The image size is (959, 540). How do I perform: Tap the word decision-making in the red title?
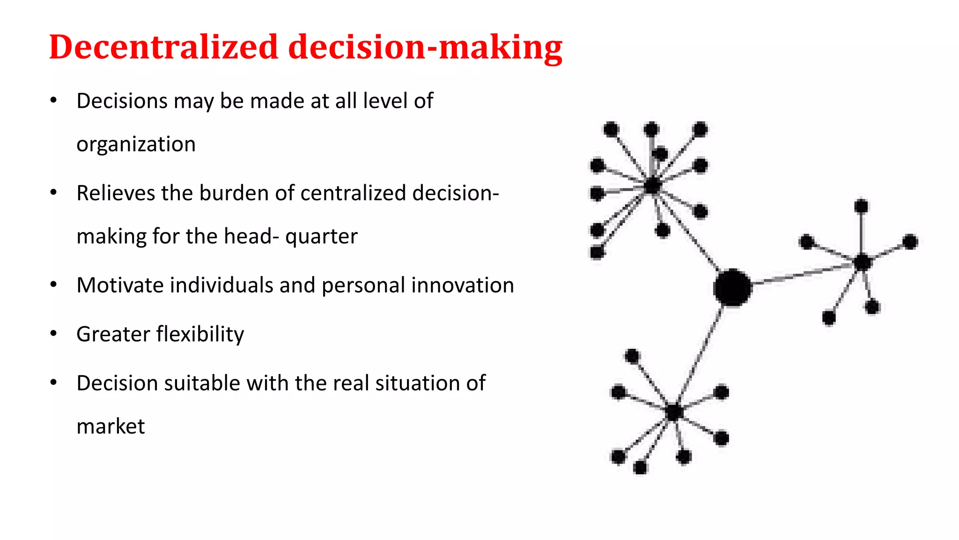point(425,48)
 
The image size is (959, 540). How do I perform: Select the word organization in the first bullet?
point(136,144)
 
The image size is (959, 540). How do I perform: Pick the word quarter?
point(321,237)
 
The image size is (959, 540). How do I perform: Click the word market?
point(111,427)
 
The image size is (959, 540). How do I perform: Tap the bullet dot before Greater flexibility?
point(54,334)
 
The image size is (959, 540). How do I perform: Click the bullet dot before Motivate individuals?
point(54,285)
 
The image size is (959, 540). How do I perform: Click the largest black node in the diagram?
point(732,287)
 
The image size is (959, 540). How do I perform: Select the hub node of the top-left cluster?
point(652,186)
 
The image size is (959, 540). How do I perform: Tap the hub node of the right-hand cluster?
point(862,262)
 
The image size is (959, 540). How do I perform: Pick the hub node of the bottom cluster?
point(674,412)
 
